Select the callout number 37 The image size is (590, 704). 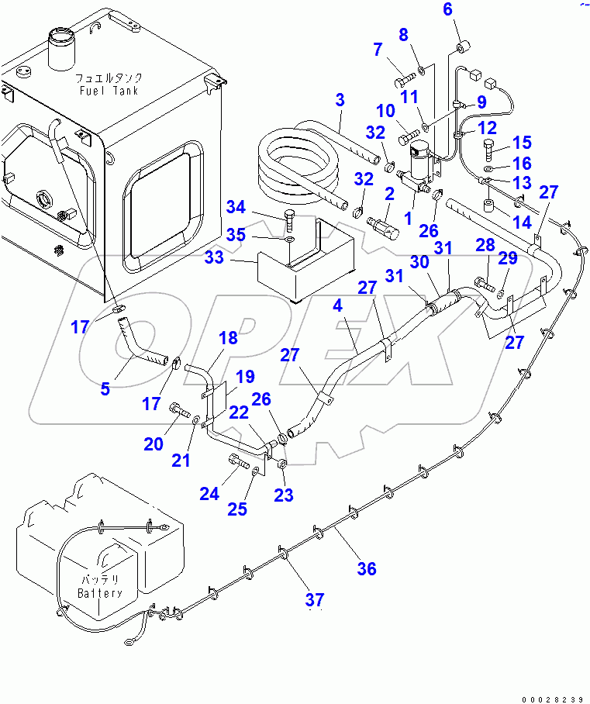coord(314,599)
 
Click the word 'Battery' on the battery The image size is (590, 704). coord(100,593)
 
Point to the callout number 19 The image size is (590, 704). coord(245,378)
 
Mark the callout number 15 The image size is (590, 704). coord(521,142)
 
